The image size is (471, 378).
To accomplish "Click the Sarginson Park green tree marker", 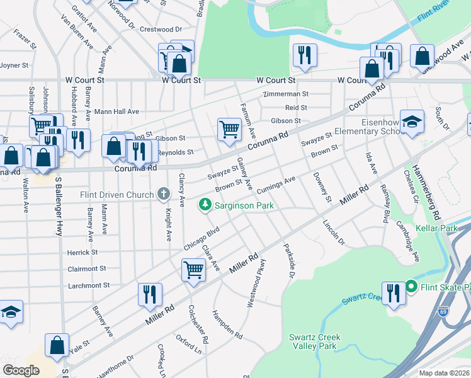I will [205, 204].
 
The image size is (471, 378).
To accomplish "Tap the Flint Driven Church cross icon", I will [164, 195].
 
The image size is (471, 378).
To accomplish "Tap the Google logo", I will [21, 370].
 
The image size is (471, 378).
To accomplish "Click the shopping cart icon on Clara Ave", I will [193, 270].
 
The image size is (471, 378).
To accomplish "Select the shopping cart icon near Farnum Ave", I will [229, 129].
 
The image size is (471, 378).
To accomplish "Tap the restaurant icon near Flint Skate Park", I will [393, 294].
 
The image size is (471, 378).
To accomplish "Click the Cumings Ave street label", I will [276, 182].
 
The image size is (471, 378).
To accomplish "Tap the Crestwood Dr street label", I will [161, 29].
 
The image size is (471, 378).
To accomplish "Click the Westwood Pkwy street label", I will [254, 283].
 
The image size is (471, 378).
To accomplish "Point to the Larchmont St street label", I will [88, 285].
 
